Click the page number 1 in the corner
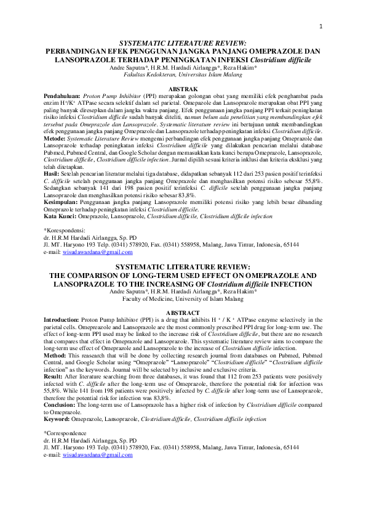pyautogui.click(x=321, y=27)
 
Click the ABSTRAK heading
pyautogui.click(x=183, y=89)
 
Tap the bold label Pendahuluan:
pyautogui.click(x=63, y=97)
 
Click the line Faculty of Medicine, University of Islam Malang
pyautogui.click(x=183, y=298)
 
